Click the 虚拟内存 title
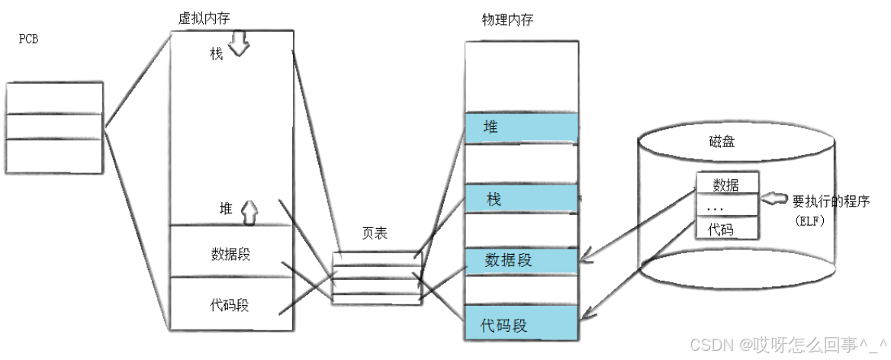(x=204, y=18)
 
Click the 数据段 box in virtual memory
(x=230, y=253)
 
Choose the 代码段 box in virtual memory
(x=230, y=306)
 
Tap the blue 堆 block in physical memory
(x=522, y=127)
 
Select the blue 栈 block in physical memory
(x=522, y=199)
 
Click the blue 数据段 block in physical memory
(x=522, y=260)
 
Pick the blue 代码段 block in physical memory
(x=522, y=326)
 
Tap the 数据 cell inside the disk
(x=725, y=184)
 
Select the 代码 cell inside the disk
(x=725, y=228)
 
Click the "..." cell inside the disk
(x=725, y=206)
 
